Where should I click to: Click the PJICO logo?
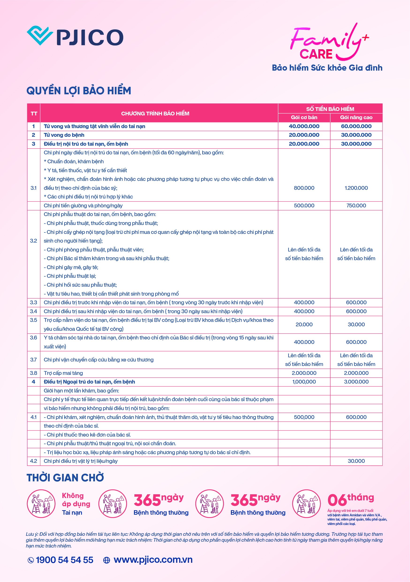click(x=75, y=36)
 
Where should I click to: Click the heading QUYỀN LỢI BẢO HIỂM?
click(x=79, y=91)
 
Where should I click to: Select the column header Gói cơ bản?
click(x=304, y=117)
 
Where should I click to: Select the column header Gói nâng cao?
click(x=356, y=117)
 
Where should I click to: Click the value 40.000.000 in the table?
click(x=304, y=126)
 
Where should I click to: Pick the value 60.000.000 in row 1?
click(x=356, y=126)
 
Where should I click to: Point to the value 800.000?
click(x=304, y=188)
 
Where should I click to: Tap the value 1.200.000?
click(x=356, y=188)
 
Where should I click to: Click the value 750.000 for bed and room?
click(x=356, y=205)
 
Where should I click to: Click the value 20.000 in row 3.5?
click(x=304, y=324)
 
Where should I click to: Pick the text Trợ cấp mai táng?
click(x=63, y=373)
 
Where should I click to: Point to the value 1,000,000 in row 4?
click(x=304, y=382)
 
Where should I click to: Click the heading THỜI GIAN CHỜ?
click(x=65, y=478)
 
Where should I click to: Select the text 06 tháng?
click(x=350, y=499)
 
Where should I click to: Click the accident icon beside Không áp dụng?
click(x=41, y=503)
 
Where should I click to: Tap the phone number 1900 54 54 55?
click(x=64, y=560)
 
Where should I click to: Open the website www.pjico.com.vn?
click(x=153, y=560)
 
